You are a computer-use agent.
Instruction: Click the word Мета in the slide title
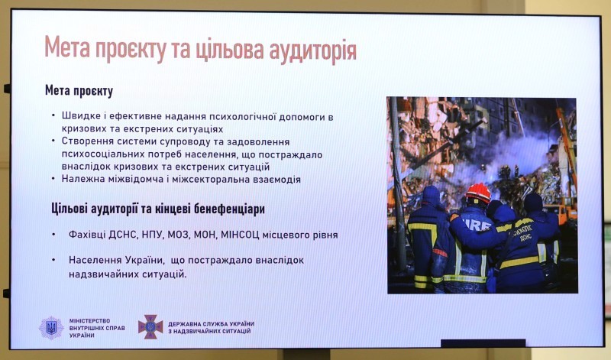click(66, 47)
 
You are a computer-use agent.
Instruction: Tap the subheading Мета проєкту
click(79, 91)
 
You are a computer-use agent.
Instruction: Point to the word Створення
click(82, 141)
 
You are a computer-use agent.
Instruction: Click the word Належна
click(79, 179)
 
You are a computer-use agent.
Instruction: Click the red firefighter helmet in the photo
click(479, 193)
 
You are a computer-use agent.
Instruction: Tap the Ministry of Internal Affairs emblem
click(51, 328)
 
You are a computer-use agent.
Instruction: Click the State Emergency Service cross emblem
click(150, 327)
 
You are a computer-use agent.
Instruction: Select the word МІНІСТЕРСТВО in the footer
click(89, 320)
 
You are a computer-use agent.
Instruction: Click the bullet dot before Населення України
click(54, 260)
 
